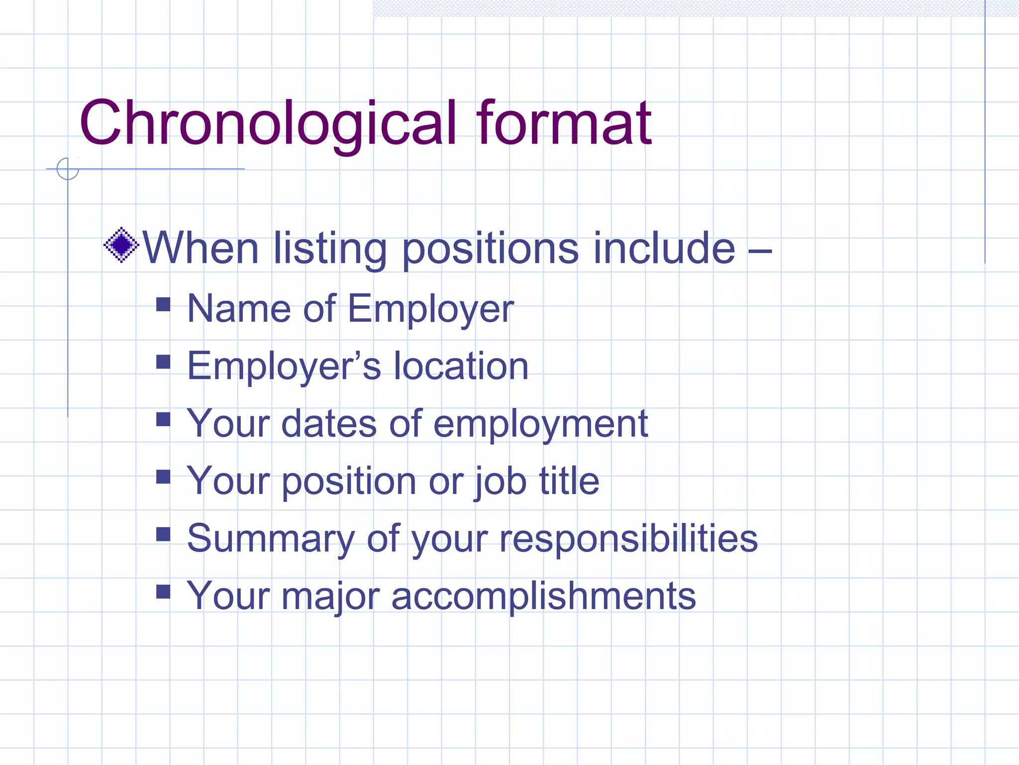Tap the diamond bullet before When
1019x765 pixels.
click(121, 245)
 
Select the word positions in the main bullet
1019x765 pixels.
click(490, 249)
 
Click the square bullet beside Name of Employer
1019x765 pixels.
click(163, 304)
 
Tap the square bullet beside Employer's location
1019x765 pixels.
click(163, 362)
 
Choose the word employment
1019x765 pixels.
click(541, 424)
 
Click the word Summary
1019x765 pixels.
click(271, 539)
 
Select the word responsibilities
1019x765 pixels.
click(628, 539)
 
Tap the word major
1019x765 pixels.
click(330, 596)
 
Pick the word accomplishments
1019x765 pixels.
click(543, 596)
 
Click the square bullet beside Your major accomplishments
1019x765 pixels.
click(163, 591)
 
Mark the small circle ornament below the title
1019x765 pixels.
click(68, 169)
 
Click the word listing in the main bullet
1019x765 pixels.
click(330, 249)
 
